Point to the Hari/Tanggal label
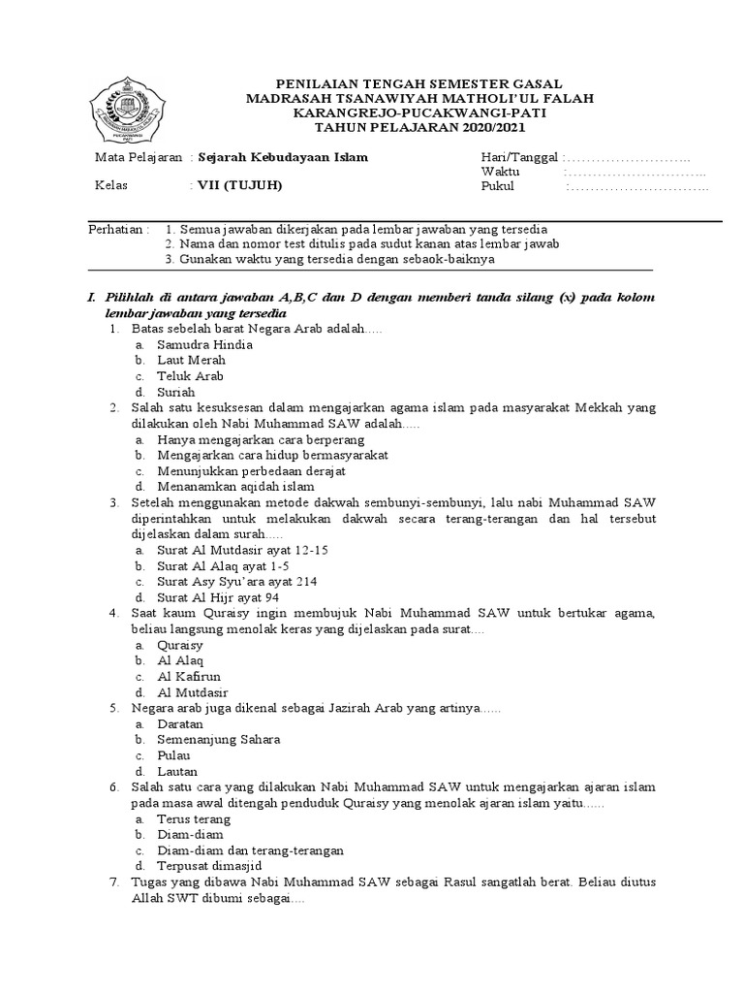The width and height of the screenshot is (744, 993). [x=520, y=158]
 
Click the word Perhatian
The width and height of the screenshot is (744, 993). [x=115, y=229]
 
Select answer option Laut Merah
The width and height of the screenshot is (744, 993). [x=192, y=360]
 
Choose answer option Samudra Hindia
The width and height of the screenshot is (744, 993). [x=205, y=344]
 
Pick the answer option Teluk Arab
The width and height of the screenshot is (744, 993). [x=191, y=375]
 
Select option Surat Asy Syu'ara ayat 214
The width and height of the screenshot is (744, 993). [x=236, y=581]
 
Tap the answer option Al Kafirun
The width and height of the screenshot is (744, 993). [x=189, y=676]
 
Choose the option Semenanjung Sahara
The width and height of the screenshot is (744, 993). [x=219, y=739]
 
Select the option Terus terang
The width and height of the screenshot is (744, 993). [x=194, y=818]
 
